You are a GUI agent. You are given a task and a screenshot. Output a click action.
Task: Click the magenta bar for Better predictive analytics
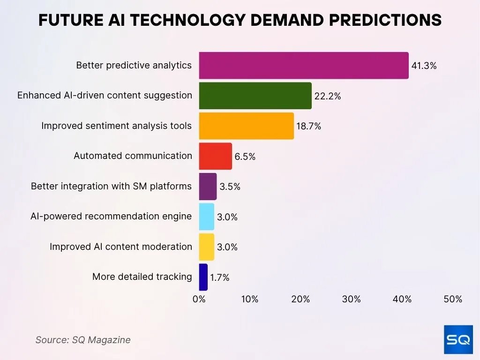(303, 66)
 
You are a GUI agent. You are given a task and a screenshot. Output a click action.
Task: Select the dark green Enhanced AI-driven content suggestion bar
(255, 96)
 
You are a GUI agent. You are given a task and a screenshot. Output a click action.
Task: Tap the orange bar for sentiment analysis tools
(246, 126)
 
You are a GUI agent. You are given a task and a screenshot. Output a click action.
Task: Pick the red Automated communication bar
(215, 156)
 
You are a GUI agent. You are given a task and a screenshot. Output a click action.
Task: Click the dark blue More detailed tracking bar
(203, 277)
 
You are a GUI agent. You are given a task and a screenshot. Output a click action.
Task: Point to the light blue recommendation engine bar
(206, 217)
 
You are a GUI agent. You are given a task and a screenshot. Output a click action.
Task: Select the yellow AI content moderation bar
(206, 247)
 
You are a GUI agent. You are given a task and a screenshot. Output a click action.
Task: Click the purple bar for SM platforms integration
(208, 187)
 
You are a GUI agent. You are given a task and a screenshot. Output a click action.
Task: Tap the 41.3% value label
(424, 66)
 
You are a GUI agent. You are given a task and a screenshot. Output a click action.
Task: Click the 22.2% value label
(328, 97)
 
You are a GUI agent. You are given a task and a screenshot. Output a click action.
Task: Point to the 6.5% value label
(245, 157)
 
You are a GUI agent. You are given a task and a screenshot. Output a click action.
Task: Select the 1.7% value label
(219, 277)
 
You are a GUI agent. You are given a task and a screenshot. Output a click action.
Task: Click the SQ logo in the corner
(458, 340)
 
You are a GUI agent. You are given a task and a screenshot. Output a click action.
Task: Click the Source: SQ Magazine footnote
(83, 340)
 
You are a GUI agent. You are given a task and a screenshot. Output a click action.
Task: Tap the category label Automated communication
(133, 156)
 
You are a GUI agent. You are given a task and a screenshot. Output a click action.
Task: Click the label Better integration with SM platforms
(111, 187)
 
